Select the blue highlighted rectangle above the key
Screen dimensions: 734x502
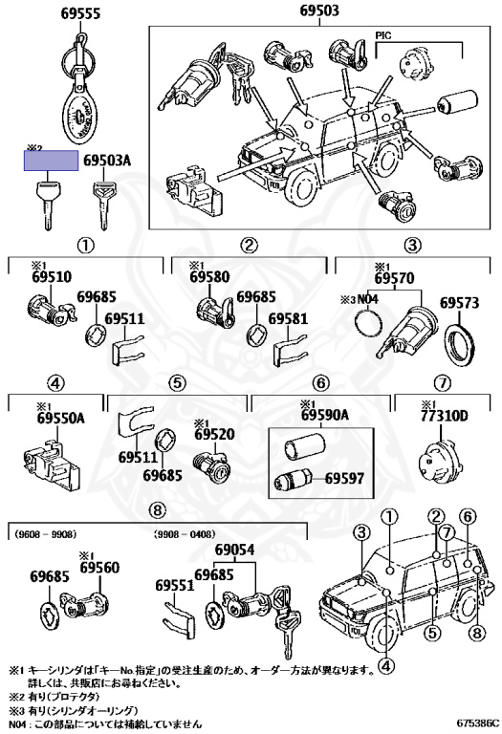[x=52, y=161]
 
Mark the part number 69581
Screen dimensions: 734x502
[x=288, y=319]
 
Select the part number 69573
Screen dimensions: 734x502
[x=458, y=303]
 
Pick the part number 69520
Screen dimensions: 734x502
[x=215, y=433]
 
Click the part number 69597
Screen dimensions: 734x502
[x=343, y=477]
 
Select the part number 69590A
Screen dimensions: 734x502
[x=320, y=415]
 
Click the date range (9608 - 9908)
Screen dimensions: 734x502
[x=43, y=534]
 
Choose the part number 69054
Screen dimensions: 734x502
[x=234, y=550]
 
